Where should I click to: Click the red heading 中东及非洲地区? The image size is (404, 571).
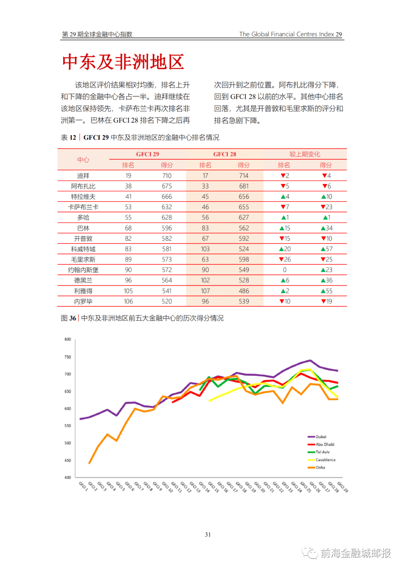(123, 62)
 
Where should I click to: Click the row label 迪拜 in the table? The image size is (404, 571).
(83, 176)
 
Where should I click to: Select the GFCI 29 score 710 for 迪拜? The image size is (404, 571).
(167, 176)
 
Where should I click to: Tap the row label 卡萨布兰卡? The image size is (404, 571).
(83, 207)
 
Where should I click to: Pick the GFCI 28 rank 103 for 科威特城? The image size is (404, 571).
(205, 249)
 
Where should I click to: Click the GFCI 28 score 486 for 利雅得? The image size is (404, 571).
(244, 291)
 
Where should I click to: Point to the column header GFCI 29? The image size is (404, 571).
(147, 154)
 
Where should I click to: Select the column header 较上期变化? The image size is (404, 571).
(305, 154)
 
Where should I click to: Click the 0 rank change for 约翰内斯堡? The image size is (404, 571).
(285, 270)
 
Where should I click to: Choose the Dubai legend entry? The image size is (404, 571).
(321, 437)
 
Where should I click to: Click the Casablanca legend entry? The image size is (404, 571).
(325, 460)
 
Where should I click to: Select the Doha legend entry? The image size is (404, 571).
(320, 467)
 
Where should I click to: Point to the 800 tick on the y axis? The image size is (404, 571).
(68, 340)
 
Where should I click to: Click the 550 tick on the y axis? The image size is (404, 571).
(68, 426)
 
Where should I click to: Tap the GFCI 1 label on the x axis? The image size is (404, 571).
(83, 486)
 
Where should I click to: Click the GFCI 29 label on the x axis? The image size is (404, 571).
(343, 487)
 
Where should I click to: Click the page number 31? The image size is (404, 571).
(208, 535)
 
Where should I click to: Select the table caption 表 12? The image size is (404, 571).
(68, 138)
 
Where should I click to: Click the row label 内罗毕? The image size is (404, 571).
(83, 301)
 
